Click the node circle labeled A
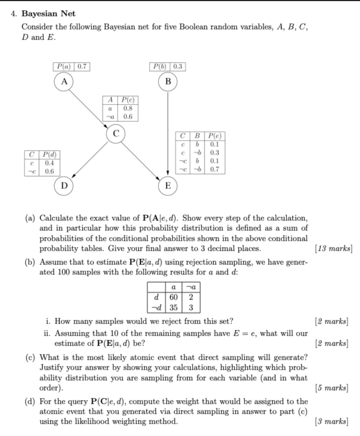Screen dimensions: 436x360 [x=64, y=81]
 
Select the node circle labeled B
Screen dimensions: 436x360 [x=168, y=81]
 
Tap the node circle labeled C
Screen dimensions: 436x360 [x=116, y=133]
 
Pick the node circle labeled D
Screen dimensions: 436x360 [x=64, y=186]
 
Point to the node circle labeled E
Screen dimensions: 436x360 [x=168, y=186]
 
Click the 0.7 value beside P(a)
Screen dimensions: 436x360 [x=82, y=67]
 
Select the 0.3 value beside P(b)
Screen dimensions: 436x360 [x=178, y=67]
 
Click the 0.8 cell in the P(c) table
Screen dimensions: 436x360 [x=128, y=109]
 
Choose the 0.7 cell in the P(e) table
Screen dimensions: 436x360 [x=215, y=169]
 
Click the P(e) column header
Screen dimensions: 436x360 [x=215, y=136]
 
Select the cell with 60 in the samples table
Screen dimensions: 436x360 [x=174, y=297]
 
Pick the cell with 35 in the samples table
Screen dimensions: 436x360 [x=174, y=307]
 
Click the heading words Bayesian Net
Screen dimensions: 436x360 [x=48, y=14]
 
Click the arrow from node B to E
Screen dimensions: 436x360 [x=168, y=136]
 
